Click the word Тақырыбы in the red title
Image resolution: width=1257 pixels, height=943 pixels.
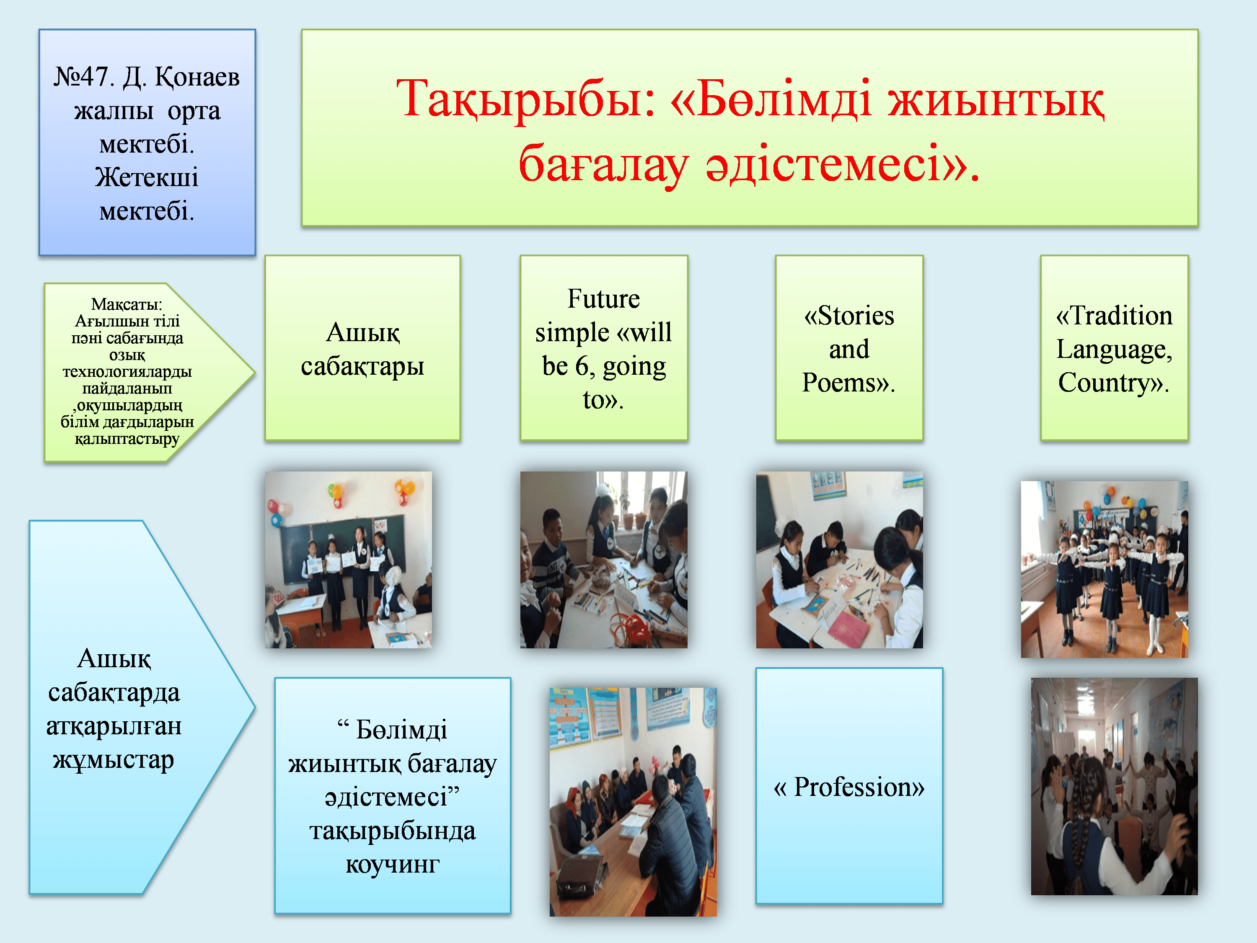(x=526, y=99)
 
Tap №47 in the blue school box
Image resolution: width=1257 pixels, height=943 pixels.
(x=81, y=76)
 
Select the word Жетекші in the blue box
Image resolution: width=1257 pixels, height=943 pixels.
(x=147, y=177)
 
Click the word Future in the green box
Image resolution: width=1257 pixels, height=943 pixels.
(x=603, y=299)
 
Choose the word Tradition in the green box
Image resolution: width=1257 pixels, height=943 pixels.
(x=1121, y=316)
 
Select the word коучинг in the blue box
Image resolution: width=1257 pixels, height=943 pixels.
(x=393, y=865)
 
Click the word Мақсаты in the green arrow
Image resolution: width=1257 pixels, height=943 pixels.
(x=126, y=305)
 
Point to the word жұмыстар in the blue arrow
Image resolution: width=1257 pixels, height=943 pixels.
(x=114, y=760)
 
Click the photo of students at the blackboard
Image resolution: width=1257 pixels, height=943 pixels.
(x=348, y=560)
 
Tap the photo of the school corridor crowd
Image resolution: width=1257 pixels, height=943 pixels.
(x=1115, y=786)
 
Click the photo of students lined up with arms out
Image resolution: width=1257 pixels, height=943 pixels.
(x=1104, y=570)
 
